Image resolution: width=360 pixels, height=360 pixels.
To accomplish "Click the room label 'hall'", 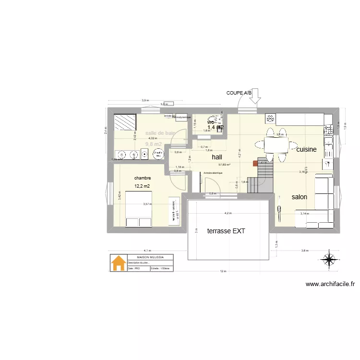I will point(217,156).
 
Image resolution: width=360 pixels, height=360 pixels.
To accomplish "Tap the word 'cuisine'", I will point(306,150).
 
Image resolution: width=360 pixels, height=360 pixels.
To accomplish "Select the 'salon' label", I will point(299,197).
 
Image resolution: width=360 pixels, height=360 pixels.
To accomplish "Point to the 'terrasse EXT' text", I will point(226,231).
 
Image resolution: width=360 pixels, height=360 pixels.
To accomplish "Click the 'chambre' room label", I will point(143,178).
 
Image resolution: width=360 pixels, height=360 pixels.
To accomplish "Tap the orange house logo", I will point(118,263).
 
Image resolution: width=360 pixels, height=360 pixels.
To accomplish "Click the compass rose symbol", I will point(329,259).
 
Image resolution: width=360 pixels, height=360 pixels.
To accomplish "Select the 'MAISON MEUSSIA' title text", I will point(150,257).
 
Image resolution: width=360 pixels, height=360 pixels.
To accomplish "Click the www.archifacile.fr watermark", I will point(330,284).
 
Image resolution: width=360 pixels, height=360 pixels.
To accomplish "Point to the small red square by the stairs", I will point(255,163).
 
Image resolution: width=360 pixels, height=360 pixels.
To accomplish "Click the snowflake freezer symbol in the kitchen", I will point(270,118).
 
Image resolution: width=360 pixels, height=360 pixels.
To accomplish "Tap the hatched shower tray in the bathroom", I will point(125,122).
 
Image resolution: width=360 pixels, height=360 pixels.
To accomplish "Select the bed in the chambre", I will point(139,209).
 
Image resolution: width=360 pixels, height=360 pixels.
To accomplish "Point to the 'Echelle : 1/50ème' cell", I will point(161,269).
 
